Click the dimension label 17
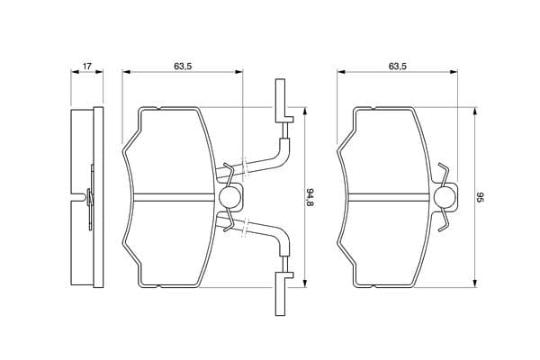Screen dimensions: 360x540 coord(86,67)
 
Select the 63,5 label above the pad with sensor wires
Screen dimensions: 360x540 coord(184,67)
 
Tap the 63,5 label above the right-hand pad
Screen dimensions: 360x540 coord(400,67)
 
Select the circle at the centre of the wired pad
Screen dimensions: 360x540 coord(229,197)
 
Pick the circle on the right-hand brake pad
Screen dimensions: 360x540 coord(444,197)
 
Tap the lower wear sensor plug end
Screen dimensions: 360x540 coord(282,292)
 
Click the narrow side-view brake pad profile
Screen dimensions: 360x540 coord(83,197)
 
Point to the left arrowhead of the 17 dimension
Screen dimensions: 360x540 coord(73,74)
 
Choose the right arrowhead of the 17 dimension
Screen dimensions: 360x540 coord(98,74)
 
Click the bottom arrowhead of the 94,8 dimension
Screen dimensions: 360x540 coord(303,284)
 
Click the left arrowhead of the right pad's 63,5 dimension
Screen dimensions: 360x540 coord(340,74)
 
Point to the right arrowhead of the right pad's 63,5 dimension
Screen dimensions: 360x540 coord(455,74)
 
